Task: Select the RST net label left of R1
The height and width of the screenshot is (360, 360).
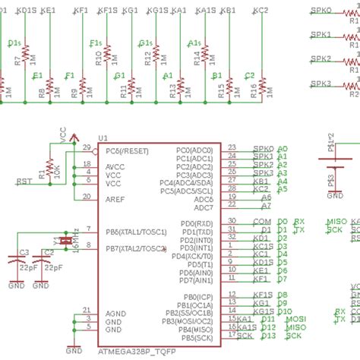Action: click(x=24, y=182)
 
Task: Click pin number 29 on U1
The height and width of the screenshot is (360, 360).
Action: click(x=87, y=147)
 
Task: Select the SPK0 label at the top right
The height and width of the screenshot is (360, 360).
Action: click(x=322, y=11)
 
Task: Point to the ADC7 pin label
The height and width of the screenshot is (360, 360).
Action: click(x=203, y=207)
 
